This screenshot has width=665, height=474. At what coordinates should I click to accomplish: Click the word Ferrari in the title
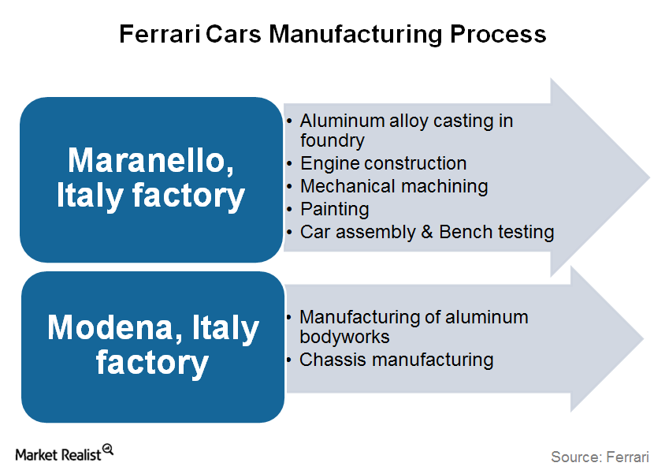[x=159, y=34]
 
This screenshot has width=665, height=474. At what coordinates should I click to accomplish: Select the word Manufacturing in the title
[x=355, y=35]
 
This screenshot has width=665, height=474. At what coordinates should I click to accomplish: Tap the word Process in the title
[x=498, y=34]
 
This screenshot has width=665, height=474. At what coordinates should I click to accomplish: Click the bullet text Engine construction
[x=384, y=163]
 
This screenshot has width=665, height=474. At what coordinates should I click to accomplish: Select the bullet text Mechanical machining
[x=394, y=187]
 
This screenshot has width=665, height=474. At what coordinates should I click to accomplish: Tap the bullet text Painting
[x=335, y=210]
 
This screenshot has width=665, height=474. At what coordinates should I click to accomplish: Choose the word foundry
[x=332, y=140]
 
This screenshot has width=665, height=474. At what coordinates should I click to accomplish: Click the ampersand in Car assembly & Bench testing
[x=426, y=232]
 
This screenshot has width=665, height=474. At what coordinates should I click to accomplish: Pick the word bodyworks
[x=344, y=337]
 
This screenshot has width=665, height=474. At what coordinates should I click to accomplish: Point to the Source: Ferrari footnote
[x=600, y=457]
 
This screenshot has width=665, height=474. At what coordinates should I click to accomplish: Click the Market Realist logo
[x=65, y=453]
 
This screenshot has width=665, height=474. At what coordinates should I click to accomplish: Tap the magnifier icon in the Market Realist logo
[x=108, y=450]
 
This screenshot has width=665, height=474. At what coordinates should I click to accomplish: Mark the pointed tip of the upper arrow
[x=650, y=177]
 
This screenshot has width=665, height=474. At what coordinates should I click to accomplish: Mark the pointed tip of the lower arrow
[x=645, y=338]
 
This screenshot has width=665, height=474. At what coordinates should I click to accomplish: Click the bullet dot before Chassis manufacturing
[x=289, y=360]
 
